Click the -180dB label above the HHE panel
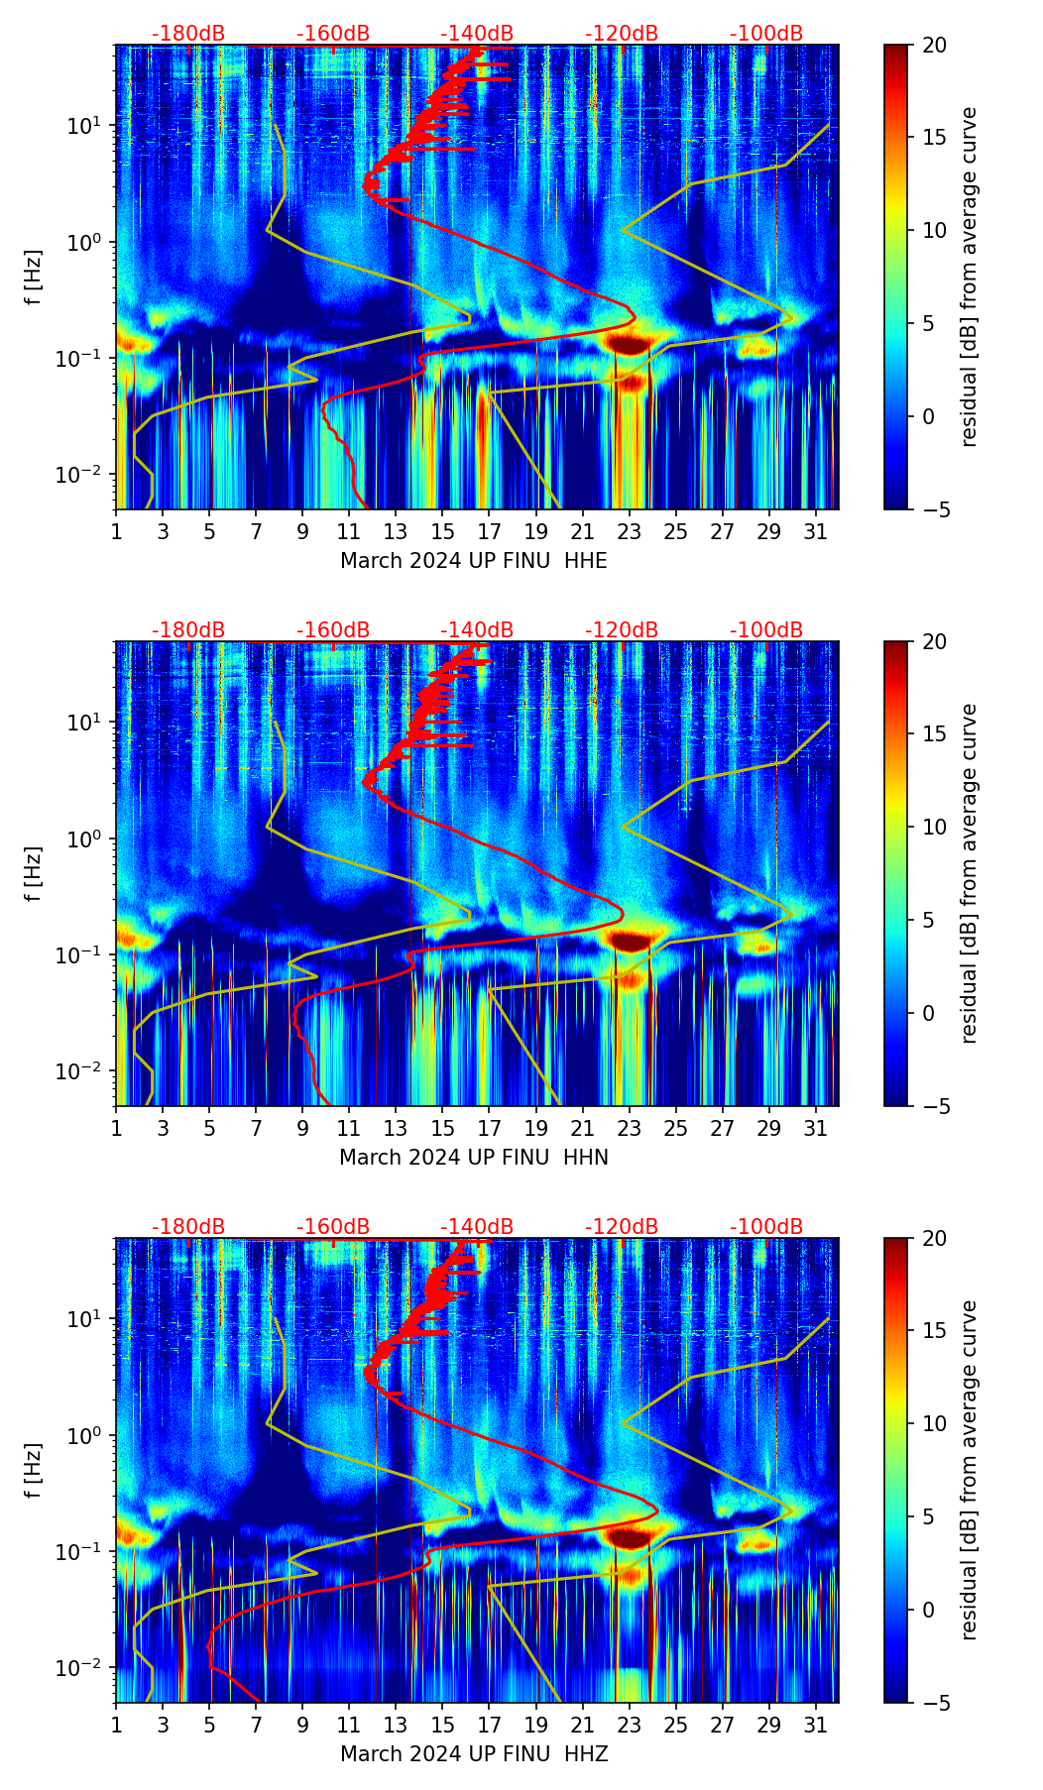(188, 34)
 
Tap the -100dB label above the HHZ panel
(766, 1227)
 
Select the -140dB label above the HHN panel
(477, 630)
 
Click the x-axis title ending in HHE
(473, 561)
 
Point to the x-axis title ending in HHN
(473, 1158)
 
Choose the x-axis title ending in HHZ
(473, 1754)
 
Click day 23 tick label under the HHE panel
(629, 532)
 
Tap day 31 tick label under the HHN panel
(815, 1129)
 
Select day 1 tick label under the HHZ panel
(116, 1726)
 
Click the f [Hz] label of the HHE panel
(34, 277)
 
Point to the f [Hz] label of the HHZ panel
(34, 1470)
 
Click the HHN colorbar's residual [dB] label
(969, 873)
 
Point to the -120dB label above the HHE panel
(622, 34)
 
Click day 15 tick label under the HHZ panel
(442, 1726)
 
